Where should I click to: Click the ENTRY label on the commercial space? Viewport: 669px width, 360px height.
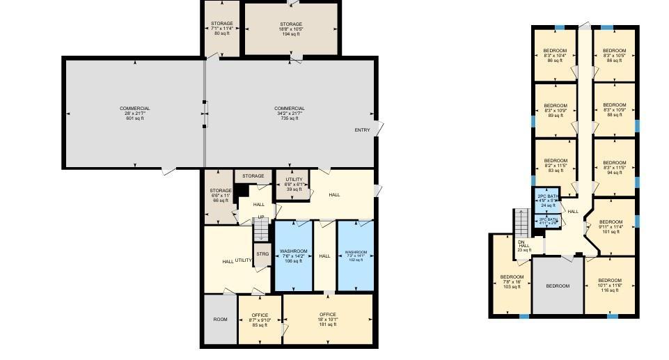362,130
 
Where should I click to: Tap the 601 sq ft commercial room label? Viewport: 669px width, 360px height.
134,113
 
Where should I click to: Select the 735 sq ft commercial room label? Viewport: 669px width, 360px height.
290,113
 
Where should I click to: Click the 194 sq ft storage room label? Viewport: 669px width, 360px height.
291,29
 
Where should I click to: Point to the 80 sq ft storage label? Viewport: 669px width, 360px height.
222,28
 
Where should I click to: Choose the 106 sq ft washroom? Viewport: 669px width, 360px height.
293,256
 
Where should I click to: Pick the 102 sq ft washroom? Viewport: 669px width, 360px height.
355,256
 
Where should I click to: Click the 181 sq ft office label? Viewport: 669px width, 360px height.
327,319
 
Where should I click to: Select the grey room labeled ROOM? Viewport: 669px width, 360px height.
220,320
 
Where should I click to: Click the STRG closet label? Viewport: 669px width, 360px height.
262,254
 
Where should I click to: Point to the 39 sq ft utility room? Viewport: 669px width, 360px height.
294,185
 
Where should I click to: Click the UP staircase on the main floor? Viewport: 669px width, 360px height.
260,226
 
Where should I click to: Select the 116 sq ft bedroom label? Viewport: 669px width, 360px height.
610,284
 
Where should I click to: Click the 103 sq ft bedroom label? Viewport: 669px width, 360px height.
512,281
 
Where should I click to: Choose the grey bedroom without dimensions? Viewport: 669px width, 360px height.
558,285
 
